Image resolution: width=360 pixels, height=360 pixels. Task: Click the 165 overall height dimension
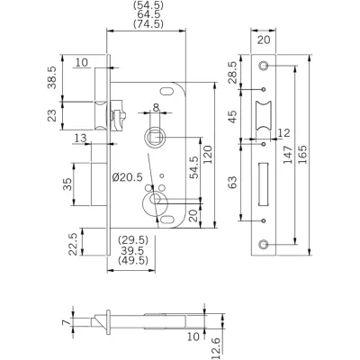click(303, 155)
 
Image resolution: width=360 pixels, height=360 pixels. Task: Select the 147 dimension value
click(288, 155)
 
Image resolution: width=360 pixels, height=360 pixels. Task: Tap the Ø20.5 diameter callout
click(128, 177)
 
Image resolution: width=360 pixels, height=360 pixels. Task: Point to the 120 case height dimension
click(208, 155)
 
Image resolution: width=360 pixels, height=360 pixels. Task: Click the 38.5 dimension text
click(52, 77)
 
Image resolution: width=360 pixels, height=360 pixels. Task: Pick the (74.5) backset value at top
click(148, 23)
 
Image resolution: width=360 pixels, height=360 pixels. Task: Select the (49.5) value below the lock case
click(133, 260)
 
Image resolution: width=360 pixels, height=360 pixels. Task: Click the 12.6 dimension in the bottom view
click(217, 348)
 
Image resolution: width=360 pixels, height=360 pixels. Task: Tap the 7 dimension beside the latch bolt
click(66, 322)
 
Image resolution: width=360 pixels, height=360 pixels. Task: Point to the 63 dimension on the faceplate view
click(232, 182)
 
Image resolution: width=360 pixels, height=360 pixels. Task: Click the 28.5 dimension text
click(232, 73)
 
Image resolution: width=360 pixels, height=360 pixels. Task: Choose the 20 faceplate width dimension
click(264, 40)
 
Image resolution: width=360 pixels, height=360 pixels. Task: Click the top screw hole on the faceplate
click(264, 66)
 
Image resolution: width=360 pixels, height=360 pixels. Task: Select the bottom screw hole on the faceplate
click(264, 245)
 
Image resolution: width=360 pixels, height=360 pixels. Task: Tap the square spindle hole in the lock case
click(156, 138)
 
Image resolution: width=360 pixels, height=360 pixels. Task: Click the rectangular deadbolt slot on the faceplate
click(263, 184)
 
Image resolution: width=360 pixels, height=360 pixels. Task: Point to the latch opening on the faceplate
click(264, 116)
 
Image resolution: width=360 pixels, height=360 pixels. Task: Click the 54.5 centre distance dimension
click(194, 167)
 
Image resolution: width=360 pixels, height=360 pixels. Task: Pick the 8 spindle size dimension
click(156, 107)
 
